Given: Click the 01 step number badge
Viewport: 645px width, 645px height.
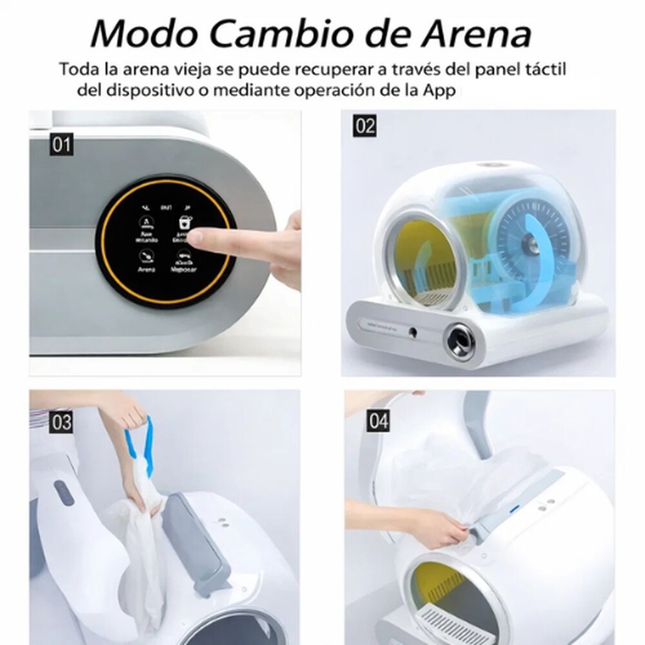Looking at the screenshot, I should [61, 144].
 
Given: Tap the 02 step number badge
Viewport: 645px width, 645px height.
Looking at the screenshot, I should [364, 125].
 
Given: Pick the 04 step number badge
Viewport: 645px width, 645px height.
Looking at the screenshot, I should [379, 422].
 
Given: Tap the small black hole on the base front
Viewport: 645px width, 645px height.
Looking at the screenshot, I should [414, 332].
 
